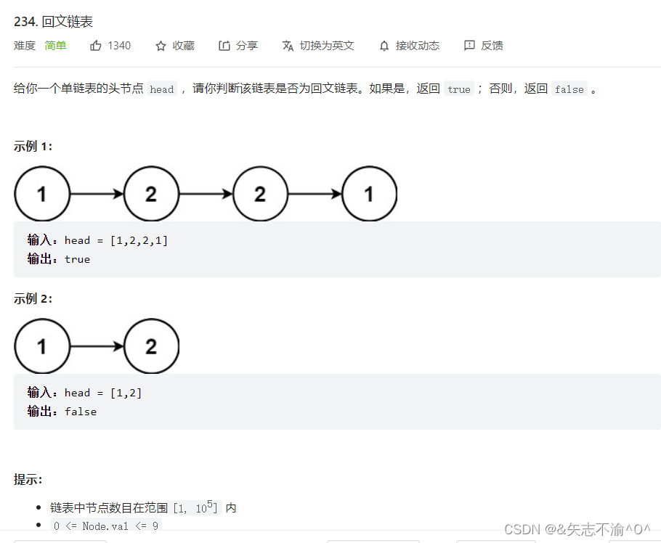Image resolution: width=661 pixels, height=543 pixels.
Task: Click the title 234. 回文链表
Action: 53,22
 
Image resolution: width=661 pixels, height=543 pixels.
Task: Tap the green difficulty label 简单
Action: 55,46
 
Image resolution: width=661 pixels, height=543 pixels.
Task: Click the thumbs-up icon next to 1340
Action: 96,46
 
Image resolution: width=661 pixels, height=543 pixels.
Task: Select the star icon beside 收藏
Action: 161,46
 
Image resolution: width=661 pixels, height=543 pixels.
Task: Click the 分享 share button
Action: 238,46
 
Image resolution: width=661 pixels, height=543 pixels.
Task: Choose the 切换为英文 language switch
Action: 318,46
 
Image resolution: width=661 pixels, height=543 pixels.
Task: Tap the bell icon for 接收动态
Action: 384,46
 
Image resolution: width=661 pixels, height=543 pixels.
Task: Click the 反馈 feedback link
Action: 484,46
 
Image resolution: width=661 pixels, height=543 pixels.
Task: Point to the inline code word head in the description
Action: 162,89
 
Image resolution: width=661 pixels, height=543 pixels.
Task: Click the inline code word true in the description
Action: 458,89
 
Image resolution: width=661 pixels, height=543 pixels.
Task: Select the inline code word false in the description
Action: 569,89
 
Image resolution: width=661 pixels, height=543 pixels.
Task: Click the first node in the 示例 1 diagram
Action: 42,194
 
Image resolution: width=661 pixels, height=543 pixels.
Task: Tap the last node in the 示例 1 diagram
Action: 369,194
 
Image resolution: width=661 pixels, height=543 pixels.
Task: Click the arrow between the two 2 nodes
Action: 206,194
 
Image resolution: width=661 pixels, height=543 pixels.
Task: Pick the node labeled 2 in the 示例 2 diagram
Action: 151,346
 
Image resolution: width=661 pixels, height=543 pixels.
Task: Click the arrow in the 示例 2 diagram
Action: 97,346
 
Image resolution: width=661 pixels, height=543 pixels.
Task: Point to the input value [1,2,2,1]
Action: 139,240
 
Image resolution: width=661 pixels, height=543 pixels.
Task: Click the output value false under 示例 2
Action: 81,412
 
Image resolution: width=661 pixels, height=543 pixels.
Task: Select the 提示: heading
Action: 28,479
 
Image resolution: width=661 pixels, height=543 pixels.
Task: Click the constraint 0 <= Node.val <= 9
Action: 106,526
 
